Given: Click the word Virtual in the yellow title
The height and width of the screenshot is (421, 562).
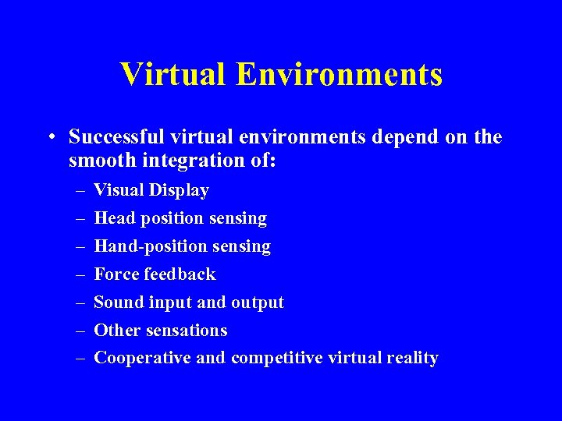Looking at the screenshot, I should point(173,75).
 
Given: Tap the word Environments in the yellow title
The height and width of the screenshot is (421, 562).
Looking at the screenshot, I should point(339,75).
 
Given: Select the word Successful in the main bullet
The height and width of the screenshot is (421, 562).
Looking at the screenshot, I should point(116,138).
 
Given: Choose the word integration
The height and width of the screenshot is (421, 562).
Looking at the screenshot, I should point(186,162).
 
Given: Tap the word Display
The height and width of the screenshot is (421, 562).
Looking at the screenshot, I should point(179,190).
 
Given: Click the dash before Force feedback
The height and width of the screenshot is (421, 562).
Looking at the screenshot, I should point(80,274).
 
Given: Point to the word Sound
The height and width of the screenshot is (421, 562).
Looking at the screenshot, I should point(118,302).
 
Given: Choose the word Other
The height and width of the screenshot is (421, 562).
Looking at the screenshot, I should point(116,331).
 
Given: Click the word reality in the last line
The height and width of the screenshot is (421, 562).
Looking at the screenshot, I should point(411,359).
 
